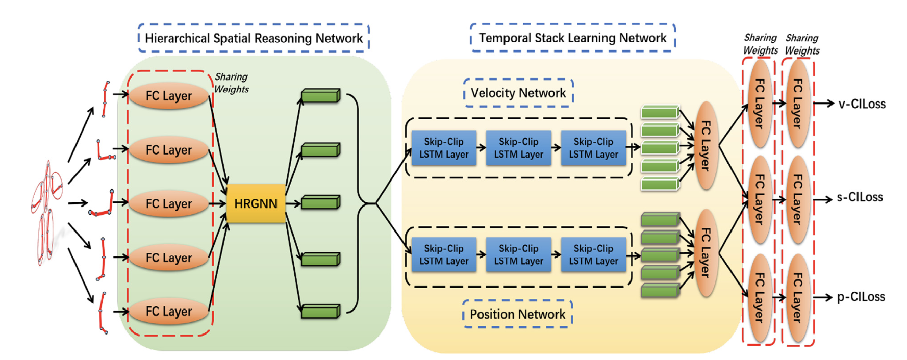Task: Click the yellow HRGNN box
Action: [256, 203]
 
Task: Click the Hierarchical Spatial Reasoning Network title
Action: [254, 38]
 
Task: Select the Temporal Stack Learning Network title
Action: [572, 38]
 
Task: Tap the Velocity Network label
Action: [518, 93]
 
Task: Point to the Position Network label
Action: [517, 314]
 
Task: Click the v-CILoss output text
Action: [862, 104]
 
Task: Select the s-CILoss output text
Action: [860, 197]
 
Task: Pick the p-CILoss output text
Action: [861, 297]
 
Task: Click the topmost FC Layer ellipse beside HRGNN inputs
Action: [169, 96]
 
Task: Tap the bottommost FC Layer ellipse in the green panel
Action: [169, 311]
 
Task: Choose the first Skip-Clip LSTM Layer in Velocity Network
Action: [444, 148]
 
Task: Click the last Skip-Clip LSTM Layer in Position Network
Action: [593, 254]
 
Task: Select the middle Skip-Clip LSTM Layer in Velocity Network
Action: [518, 148]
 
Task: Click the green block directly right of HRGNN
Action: [320, 203]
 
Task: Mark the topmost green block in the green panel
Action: [320, 95]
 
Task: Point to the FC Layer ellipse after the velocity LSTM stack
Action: [706, 145]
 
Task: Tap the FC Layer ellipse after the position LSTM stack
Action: [706, 253]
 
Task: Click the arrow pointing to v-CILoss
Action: [823, 104]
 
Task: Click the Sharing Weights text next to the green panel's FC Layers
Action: [231, 83]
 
